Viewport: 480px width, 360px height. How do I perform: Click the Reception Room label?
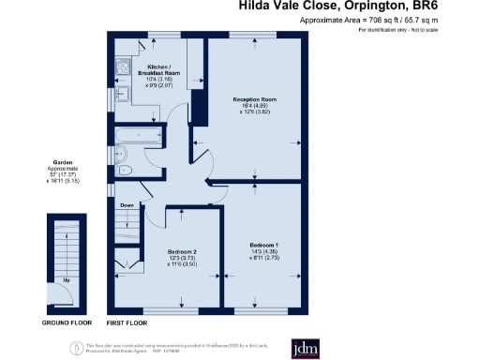click(255, 103)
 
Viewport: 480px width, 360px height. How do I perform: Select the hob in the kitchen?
click(123, 66)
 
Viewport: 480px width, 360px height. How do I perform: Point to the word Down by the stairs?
click(128, 205)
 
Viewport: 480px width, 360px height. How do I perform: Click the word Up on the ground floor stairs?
click(66, 279)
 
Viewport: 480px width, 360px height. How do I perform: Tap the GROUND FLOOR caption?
click(66, 322)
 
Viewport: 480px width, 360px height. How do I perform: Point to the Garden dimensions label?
click(66, 171)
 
